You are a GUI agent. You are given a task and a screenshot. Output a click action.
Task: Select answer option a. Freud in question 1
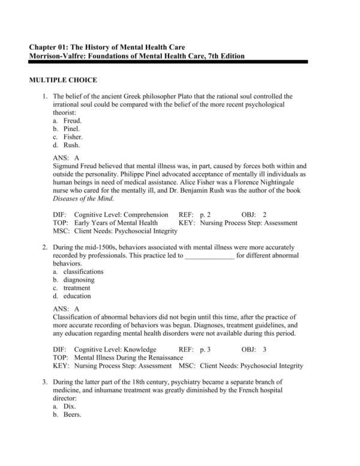68,120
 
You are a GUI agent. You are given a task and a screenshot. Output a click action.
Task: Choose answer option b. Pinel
68,129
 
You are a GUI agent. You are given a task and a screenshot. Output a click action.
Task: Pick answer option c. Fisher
69,136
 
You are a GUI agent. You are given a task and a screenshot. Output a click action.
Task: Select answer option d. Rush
68,145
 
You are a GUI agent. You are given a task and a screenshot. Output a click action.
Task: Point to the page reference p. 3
206,349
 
